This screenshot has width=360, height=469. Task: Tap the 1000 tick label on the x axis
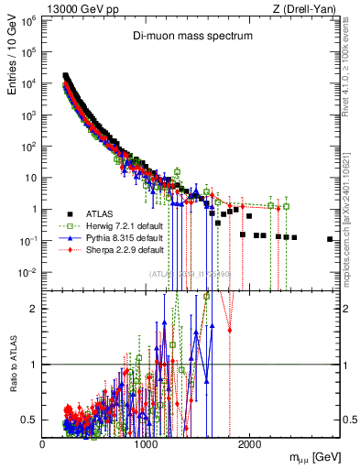pos(146,444)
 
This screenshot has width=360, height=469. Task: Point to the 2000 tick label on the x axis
pos(248,444)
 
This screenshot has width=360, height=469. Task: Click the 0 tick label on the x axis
pos(43,444)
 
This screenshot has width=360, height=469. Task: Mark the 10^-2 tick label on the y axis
pos(27,272)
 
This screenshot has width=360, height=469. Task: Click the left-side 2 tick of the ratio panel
pos(35,308)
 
